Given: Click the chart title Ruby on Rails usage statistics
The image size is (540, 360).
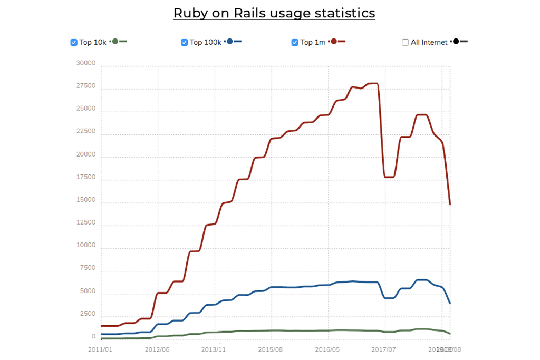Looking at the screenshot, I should click(x=274, y=13).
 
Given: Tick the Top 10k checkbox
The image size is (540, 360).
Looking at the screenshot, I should click(x=74, y=43).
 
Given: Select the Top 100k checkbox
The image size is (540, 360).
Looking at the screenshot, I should click(x=185, y=43).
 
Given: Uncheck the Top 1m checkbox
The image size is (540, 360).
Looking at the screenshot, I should click(x=295, y=43).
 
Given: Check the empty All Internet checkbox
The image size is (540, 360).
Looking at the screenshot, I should click(x=406, y=43).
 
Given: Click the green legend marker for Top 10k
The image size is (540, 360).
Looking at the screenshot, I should click(x=115, y=42).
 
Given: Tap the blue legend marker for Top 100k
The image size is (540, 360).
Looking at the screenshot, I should click(x=230, y=42).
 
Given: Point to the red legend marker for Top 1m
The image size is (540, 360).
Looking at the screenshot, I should click(x=334, y=42).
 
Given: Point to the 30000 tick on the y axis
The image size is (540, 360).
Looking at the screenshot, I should click(x=86, y=63).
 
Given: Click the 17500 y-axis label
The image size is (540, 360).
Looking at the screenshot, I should click(x=86, y=177).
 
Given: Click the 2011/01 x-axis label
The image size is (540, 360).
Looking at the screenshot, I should click(x=100, y=349).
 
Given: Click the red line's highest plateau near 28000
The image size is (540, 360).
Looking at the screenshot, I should click(x=373, y=83).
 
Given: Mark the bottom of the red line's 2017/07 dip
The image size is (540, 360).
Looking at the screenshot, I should click(x=390, y=177).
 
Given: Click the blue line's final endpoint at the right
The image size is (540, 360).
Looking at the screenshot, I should click(x=450, y=303).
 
